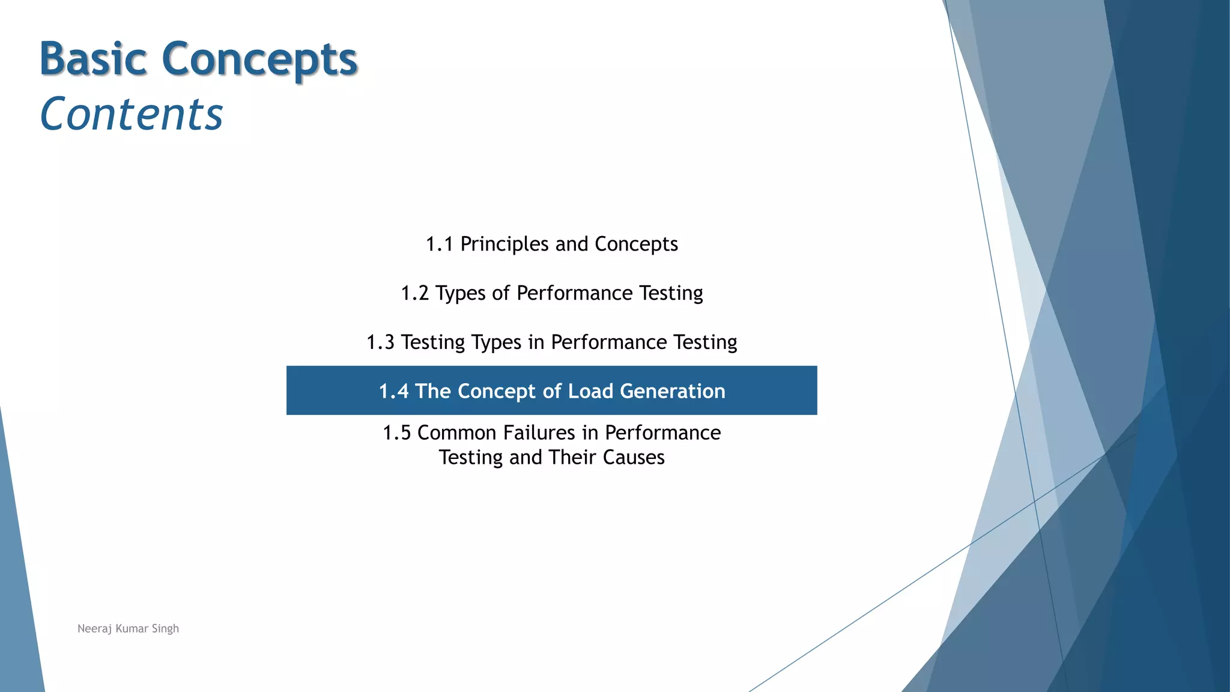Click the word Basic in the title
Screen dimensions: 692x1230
(x=93, y=59)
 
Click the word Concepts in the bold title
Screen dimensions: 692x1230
(x=259, y=60)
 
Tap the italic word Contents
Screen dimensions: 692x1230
(x=131, y=114)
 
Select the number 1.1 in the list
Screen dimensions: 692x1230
(x=439, y=244)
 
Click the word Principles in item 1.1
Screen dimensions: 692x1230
(x=504, y=244)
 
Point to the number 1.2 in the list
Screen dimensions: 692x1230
(x=414, y=293)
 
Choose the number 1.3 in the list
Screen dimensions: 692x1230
(x=380, y=342)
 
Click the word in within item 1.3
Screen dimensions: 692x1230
(x=536, y=342)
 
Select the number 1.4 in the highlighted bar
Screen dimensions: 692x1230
(x=393, y=391)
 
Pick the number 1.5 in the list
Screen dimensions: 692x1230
(x=396, y=432)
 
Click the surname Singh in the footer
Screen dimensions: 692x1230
(x=165, y=629)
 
